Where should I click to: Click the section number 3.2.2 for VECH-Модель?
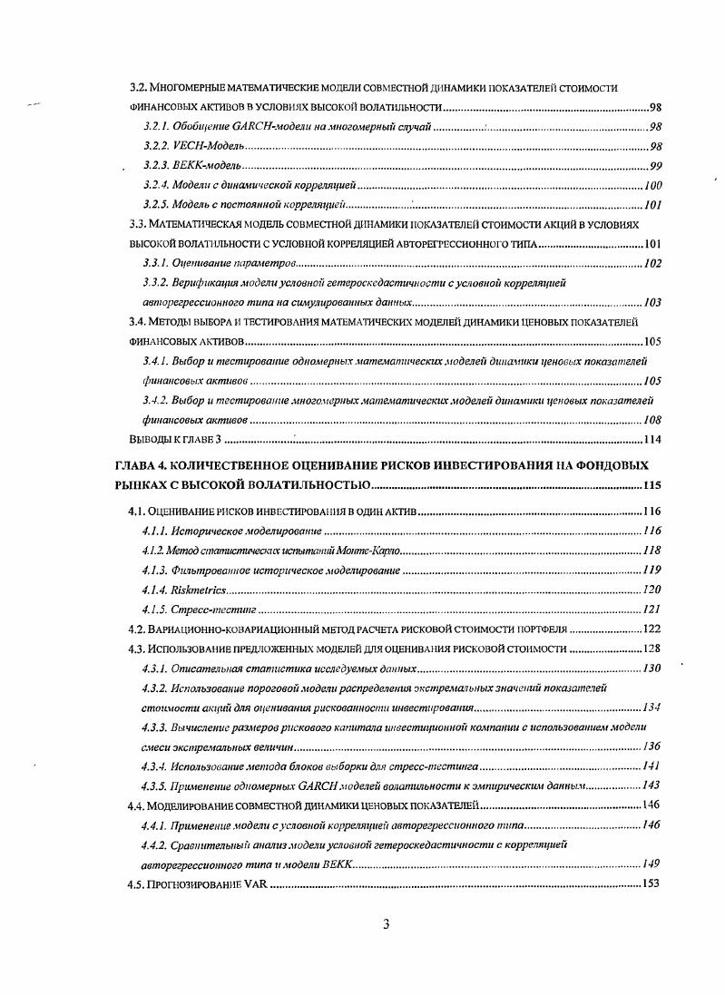click(x=158, y=146)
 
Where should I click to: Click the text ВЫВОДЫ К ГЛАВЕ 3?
click(x=175, y=440)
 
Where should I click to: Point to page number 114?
click(x=652, y=440)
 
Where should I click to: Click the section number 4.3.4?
click(x=158, y=766)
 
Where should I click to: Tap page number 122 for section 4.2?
click(x=651, y=629)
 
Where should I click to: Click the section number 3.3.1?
click(x=158, y=263)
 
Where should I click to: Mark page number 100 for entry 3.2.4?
click(x=652, y=185)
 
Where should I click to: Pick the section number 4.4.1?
click(x=158, y=824)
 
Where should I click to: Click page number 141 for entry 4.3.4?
click(x=651, y=766)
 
